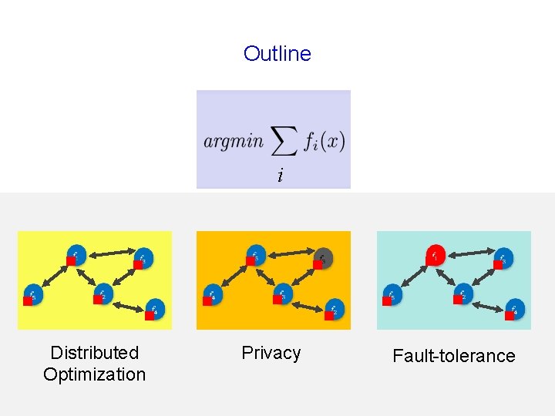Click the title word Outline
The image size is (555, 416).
pyautogui.click(x=277, y=54)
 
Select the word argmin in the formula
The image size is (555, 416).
pyautogui.click(x=234, y=141)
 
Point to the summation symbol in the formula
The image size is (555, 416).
pyautogui.click(x=284, y=140)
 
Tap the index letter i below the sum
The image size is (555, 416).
pyautogui.click(x=280, y=176)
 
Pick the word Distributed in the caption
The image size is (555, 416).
pyautogui.click(x=94, y=353)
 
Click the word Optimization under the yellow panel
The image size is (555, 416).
pyautogui.click(x=94, y=374)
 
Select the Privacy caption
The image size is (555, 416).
pyautogui.click(x=271, y=353)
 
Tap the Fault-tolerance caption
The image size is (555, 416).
pyautogui.click(x=453, y=356)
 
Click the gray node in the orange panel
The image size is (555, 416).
pyautogui.click(x=324, y=257)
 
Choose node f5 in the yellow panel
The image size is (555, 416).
pyautogui.click(x=33, y=294)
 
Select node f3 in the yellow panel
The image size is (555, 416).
pyautogui.click(x=143, y=257)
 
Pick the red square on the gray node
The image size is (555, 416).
pyautogui.click(x=318, y=264)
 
